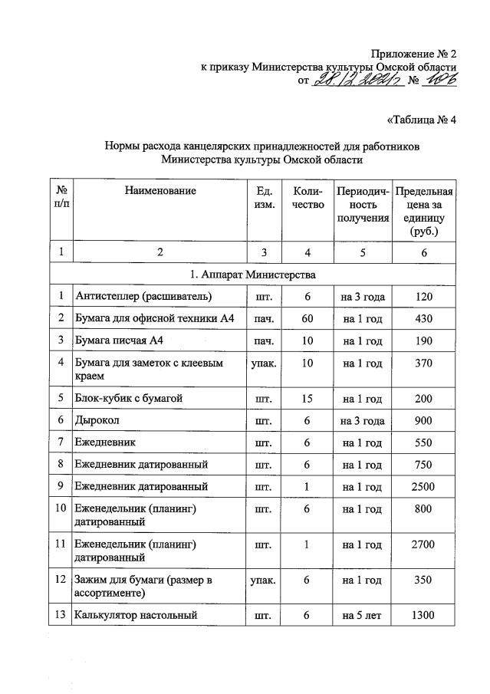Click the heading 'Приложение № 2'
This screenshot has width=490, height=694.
(x=413, y=54)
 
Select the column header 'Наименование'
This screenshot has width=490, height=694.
(x=160, y=191)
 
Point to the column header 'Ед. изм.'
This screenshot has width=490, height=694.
(x=263, y=198)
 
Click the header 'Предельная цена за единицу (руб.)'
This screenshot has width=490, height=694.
(x=423, y=211)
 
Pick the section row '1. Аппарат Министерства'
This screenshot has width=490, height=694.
(x=252, y=274)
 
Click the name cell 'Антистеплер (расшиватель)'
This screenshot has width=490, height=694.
(x=143, y=297)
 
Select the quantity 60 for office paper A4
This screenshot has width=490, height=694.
(x=307, y=317)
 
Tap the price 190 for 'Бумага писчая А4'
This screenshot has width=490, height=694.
(x=423, y=338)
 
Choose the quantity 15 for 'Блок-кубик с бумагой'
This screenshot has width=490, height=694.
(x=307, y=400)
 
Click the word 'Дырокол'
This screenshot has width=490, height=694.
(x=97, y=421)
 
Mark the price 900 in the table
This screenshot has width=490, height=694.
(x=423, y=421)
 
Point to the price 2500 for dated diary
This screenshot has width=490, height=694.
(x=423, y=486)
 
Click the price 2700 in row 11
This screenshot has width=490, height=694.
(x=423, y=544)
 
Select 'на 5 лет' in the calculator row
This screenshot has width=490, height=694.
(x=363, y=615)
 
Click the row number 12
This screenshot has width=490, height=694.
(x=60, y=581)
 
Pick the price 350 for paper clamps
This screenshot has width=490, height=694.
(x=423, y=581)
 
